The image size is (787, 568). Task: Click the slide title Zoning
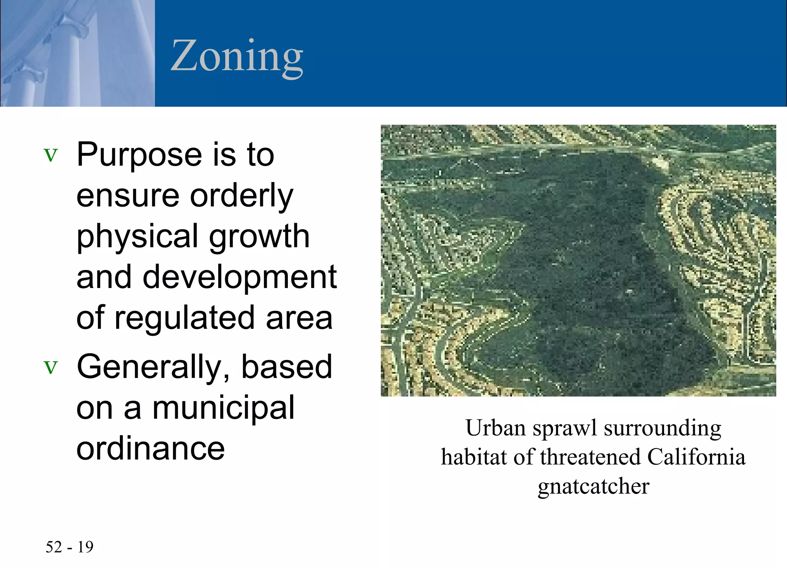pyautogui.click(x=237, y=56)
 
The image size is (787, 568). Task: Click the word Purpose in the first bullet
pyautogui.click(x=139, y=155)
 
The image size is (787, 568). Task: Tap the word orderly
pyautogui.click(x=242, y=196)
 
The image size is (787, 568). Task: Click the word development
pyautogui.click(x=240, y=277)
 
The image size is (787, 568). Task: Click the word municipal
pyautogui.click(x=223, y=408)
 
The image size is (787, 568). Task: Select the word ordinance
pyautogui.click(x=150, y=448)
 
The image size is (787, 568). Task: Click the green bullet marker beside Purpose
pyautogui.click(x=51, y=155)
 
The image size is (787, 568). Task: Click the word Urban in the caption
pyautogui.click(x=495, y=428)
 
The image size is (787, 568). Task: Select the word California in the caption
pyautogui.click(x=696, y=457)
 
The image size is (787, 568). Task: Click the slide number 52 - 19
pyautogui.click(x=70, y=547)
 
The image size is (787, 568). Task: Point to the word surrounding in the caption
pyautogui.click(x=662, y=429)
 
